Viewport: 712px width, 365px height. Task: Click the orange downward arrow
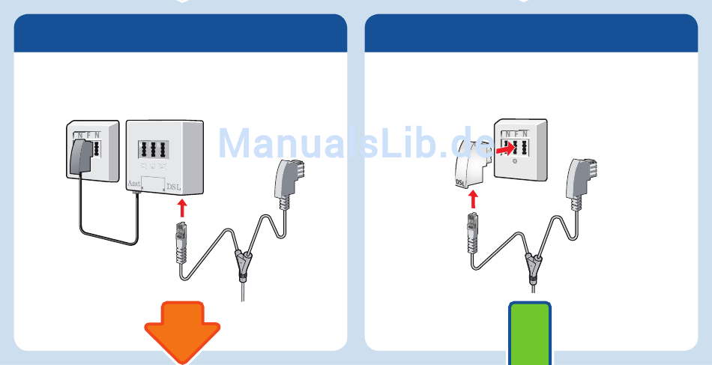182,330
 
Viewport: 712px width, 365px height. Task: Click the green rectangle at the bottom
531,334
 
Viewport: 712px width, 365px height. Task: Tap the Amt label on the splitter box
134,183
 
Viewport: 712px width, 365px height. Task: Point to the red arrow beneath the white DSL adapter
473,199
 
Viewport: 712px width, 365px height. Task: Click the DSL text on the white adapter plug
462,182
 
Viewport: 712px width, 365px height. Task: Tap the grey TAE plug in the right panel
579,181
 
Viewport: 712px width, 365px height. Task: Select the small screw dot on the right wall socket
513,160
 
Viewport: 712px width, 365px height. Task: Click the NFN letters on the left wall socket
88,135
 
